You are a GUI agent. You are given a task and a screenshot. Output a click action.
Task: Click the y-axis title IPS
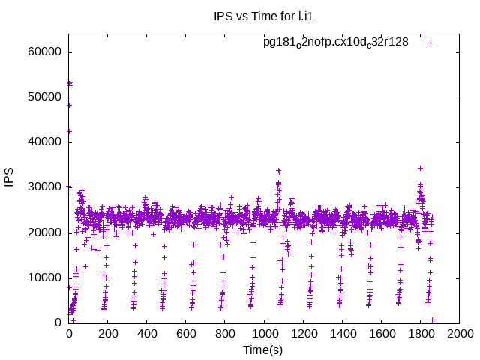coord(10,176)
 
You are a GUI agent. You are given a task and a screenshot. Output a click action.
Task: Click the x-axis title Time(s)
coord(263,350)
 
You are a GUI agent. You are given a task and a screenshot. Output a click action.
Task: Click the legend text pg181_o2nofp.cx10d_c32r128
coord(335,42)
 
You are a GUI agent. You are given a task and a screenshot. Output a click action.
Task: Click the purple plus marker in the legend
coord(431,43)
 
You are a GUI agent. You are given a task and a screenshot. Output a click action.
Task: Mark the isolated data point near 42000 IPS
coord(69,131)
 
